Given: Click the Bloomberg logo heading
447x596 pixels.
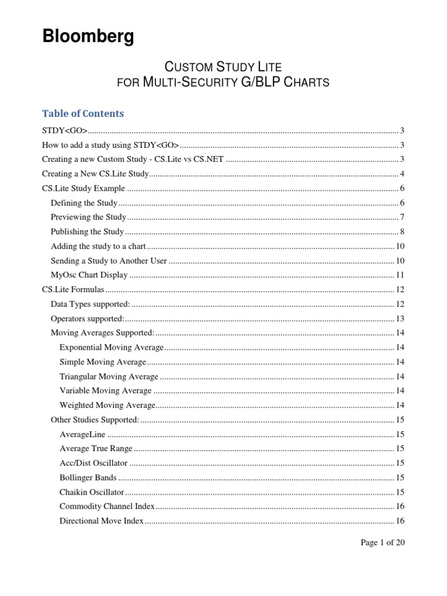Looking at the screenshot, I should click(x=88, y=37).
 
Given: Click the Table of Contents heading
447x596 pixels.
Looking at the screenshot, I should click(x=83, y=113).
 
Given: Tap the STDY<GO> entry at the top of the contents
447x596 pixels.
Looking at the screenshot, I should click(x=65, y=130).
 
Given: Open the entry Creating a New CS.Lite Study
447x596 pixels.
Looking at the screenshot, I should click(x=96, y=174).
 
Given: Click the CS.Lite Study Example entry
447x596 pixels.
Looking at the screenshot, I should click(x=83, y=188).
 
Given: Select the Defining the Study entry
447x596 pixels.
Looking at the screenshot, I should click(x=84, y=203).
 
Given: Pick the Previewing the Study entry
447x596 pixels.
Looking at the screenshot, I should click(x=88, y=217).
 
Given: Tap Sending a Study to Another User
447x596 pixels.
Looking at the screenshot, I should click(x=109, y=261).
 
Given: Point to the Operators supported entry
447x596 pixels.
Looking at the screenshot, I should click(x=87, y=318).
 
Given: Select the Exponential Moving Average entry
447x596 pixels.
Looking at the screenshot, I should click(x=111, y=347).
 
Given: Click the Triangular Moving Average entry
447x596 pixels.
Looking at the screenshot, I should click(x=108, y=377).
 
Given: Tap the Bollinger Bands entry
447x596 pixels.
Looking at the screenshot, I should click(x=88, y=478).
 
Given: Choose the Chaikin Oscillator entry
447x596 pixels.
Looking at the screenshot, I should click(x=92, y=492).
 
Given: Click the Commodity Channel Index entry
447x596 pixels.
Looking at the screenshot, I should click(x=107, y=506).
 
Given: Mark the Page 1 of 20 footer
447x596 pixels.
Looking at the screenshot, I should click(x=382, y=543).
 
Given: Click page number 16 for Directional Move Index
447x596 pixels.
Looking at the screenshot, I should click(x=400, y=521).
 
